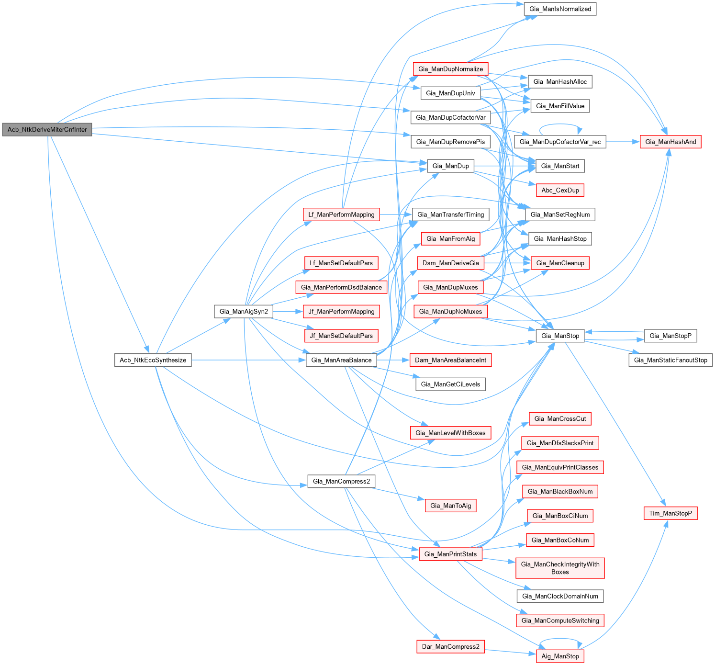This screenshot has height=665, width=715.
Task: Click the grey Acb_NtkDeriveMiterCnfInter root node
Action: coord(47,129)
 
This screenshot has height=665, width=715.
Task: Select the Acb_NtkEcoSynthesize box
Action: coord(153,360)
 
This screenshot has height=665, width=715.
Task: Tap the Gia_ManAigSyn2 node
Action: coord(244,312)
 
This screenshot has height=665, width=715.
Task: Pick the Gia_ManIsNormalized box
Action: coord(560,9)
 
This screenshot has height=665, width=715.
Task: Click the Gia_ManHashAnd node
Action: coord(670,142)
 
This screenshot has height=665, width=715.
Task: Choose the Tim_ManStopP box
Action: coord(670,513)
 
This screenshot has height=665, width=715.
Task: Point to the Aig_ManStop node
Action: coord(560,656)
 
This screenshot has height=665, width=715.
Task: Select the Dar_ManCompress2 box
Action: coord(450,646)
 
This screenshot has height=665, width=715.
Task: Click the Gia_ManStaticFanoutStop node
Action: coord(670,360)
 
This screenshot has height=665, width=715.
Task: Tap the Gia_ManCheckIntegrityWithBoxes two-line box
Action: coord(560,568)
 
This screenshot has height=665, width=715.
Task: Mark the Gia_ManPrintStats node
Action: coord(450,554)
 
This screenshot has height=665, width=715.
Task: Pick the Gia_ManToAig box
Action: coord(450,506)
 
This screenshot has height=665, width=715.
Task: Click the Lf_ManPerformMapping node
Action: coord(341,214)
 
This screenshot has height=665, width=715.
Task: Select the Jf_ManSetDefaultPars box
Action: coord(341,336)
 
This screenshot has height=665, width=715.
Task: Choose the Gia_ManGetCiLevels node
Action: coord(450,384)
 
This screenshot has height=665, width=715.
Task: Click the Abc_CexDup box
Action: coord(560,190)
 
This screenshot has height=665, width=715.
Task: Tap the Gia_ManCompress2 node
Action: coord(341,481)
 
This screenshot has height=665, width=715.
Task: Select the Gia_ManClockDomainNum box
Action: coord(560,596)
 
